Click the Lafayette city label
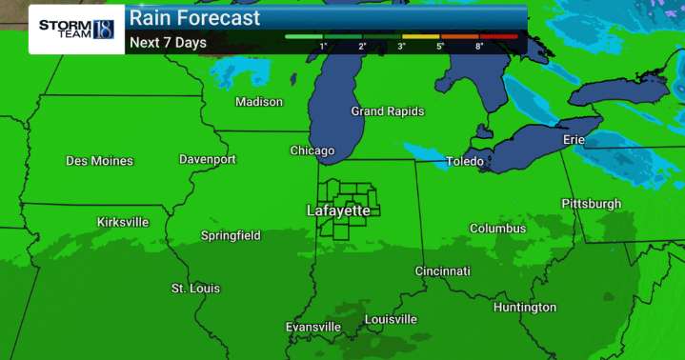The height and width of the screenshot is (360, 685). [x=338, y=210]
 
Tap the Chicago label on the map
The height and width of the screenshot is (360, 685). [x=312, y=150]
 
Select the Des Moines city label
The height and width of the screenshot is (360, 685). [x=99, y=161]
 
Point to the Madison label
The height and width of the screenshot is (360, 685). [x=259, y=102]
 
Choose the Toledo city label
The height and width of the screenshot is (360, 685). [x=465, y=162]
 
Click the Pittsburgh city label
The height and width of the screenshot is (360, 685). [x=591, y=204]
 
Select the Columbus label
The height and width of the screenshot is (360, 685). [x=497, y=229]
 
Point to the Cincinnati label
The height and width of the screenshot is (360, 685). [x=442, y=271]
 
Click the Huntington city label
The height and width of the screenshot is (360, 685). [x=525, y=308]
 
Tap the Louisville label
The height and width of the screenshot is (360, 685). [x=391, y=318]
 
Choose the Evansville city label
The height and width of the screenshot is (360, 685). [x=313, y=328]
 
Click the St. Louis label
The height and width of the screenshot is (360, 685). [x=195, y=288]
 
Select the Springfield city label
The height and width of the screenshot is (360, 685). [x=231, y=235]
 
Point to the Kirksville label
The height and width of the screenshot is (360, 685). [x=123, y=222]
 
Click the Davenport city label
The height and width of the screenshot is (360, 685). [x=208, y=159]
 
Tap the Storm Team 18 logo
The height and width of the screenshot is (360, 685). [x=76, y=29]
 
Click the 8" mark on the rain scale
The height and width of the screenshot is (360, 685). [x=478, y=46]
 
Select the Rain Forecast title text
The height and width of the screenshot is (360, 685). [x=194, y=18]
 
